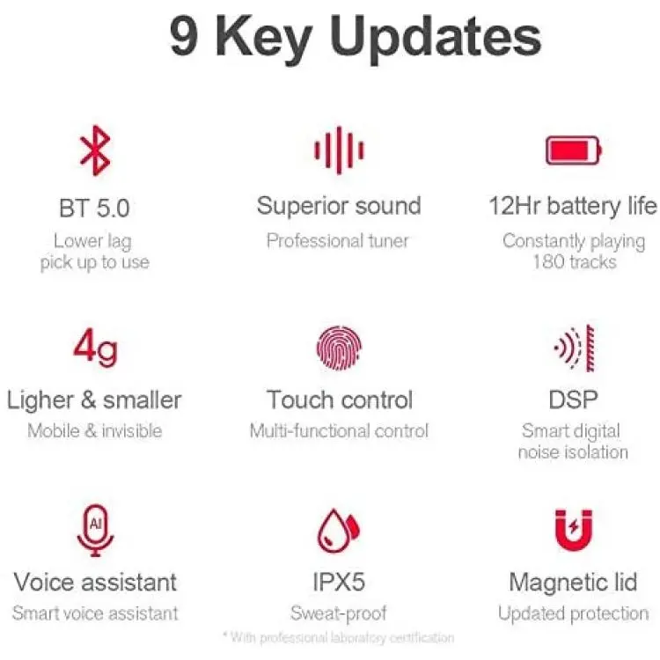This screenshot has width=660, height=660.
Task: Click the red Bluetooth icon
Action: pyautogui.click(x=96, y=150)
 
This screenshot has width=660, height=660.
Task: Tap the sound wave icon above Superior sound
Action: pyautogui.click(x=339, y=150)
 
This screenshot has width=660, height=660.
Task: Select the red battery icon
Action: pyautogui.click(x=573, y=150)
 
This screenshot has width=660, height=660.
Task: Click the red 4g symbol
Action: pyautogui.click(x=96, y=348)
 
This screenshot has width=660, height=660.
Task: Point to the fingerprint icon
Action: pyautogui.click(x=339, y=348)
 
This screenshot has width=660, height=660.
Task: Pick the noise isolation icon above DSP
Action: pyautogui.click(x=574, y=348)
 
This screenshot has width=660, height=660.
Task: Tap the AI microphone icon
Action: pyautogui.click(x=96, y=531)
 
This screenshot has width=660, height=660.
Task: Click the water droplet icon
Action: pyautogui.click(x=338, y=531)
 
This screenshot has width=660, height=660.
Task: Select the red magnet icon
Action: pyautogui.click(x=574, y=531)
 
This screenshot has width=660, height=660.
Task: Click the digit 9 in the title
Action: pyautogui.click(x=184, y=37)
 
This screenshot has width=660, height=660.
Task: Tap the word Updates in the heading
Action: pyautogui.click(x=436, y=39)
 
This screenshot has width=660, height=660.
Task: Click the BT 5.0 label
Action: pyautogui.click(x=94, y=208)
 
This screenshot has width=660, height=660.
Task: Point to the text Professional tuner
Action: pyautogui.click(x=338, y=241)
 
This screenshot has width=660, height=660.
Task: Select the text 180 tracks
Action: pyautogui.click(x=575, y=262)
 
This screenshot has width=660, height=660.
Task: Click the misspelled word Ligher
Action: pyautogui.click(x=40, y=400)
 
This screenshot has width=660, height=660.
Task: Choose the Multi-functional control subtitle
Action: pyautogui.click(x=339, y=431)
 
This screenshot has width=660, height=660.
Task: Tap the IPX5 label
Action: pyautogui.click(x=339, y=583)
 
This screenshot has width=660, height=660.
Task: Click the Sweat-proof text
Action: pyautogui.click(x=339, y=613)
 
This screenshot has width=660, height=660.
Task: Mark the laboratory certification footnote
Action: pyautogui.click(x=339, y=638)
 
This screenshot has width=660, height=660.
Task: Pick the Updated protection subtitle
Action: pyautogui.click(x=573, y=613)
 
